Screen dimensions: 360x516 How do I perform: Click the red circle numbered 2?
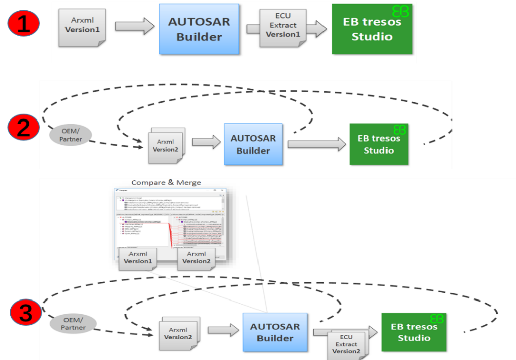(23, 127)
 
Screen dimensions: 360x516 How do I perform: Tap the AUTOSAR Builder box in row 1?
(199, 29)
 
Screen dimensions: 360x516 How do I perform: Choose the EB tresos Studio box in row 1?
(371, 29)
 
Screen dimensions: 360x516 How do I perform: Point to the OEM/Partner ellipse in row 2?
(71, 135)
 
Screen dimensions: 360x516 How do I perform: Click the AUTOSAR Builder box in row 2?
(253, 144)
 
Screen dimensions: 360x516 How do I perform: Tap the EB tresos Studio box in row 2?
(379, 144)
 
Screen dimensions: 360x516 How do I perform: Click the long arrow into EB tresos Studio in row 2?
(316, 144)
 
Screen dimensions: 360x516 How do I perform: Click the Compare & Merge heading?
(166, 182)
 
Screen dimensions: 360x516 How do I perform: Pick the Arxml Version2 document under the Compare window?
(196, 258)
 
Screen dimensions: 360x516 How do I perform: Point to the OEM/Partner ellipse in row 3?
(73, 323)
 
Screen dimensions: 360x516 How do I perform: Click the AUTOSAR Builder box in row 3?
(275, 332)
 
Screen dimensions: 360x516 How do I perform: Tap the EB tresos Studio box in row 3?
(414, 332)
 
